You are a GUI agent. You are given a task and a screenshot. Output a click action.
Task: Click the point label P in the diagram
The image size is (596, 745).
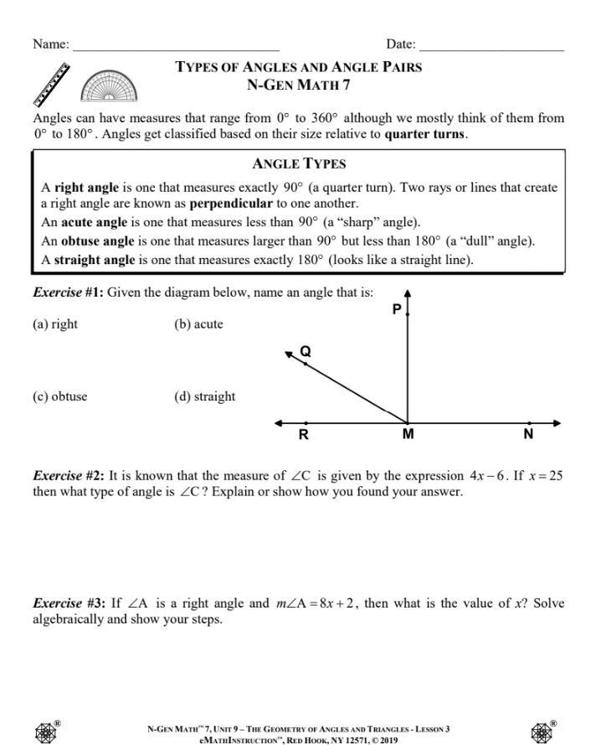pos(397,309)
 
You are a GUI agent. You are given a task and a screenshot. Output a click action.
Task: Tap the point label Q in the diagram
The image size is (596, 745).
pos(306,352)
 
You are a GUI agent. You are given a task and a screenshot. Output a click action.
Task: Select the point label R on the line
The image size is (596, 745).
pos(304,434)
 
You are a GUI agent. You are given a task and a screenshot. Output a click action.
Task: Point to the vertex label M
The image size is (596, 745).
pos(408,434)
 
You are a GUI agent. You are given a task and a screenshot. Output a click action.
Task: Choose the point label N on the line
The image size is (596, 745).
pos(528,434)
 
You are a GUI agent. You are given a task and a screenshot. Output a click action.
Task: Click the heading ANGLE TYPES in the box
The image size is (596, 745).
pos(299,164)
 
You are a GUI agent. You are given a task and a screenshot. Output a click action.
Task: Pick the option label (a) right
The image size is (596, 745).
pos(55,324)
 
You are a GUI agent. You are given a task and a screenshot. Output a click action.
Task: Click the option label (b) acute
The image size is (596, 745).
pos(198,324)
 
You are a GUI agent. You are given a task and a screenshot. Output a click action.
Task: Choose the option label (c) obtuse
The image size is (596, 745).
pos(59,396)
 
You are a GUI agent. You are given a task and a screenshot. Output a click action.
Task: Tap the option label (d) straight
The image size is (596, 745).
pos(204,396)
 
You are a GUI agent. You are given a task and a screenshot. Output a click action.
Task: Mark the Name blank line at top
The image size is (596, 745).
pos(176,49)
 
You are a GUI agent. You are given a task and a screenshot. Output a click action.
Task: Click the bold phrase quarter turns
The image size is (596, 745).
pos(425,134)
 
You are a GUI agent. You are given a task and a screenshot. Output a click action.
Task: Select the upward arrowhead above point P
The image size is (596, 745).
pos(408,294)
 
